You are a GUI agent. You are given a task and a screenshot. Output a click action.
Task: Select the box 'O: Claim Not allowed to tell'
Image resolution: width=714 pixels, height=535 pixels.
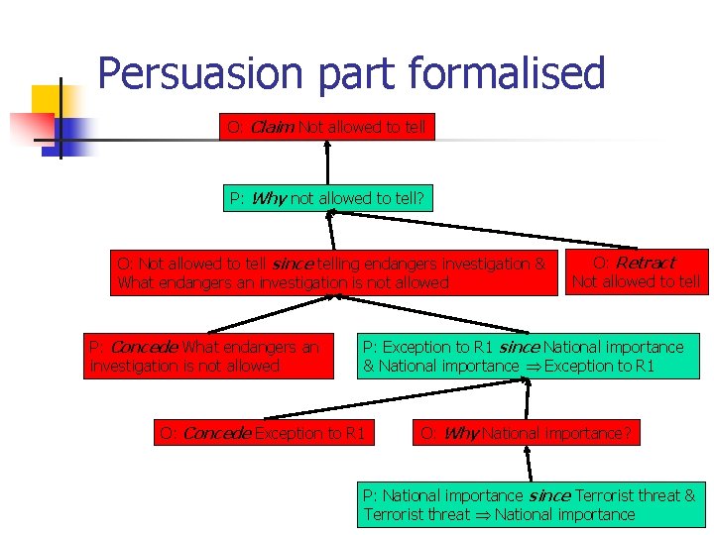326,128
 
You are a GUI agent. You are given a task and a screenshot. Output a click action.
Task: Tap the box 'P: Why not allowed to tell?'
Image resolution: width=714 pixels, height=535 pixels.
326,198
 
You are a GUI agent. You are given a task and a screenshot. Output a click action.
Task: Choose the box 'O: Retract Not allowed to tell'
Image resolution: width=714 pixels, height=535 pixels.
636,272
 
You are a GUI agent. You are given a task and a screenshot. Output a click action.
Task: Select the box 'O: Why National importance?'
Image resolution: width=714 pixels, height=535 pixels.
526,433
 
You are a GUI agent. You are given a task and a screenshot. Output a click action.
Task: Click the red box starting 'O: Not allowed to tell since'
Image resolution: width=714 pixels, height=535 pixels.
332,272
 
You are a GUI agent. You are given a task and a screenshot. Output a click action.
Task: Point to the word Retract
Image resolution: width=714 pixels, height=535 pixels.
645,263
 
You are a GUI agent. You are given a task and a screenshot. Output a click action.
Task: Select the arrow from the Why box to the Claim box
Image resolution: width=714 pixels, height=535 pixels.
326,163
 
